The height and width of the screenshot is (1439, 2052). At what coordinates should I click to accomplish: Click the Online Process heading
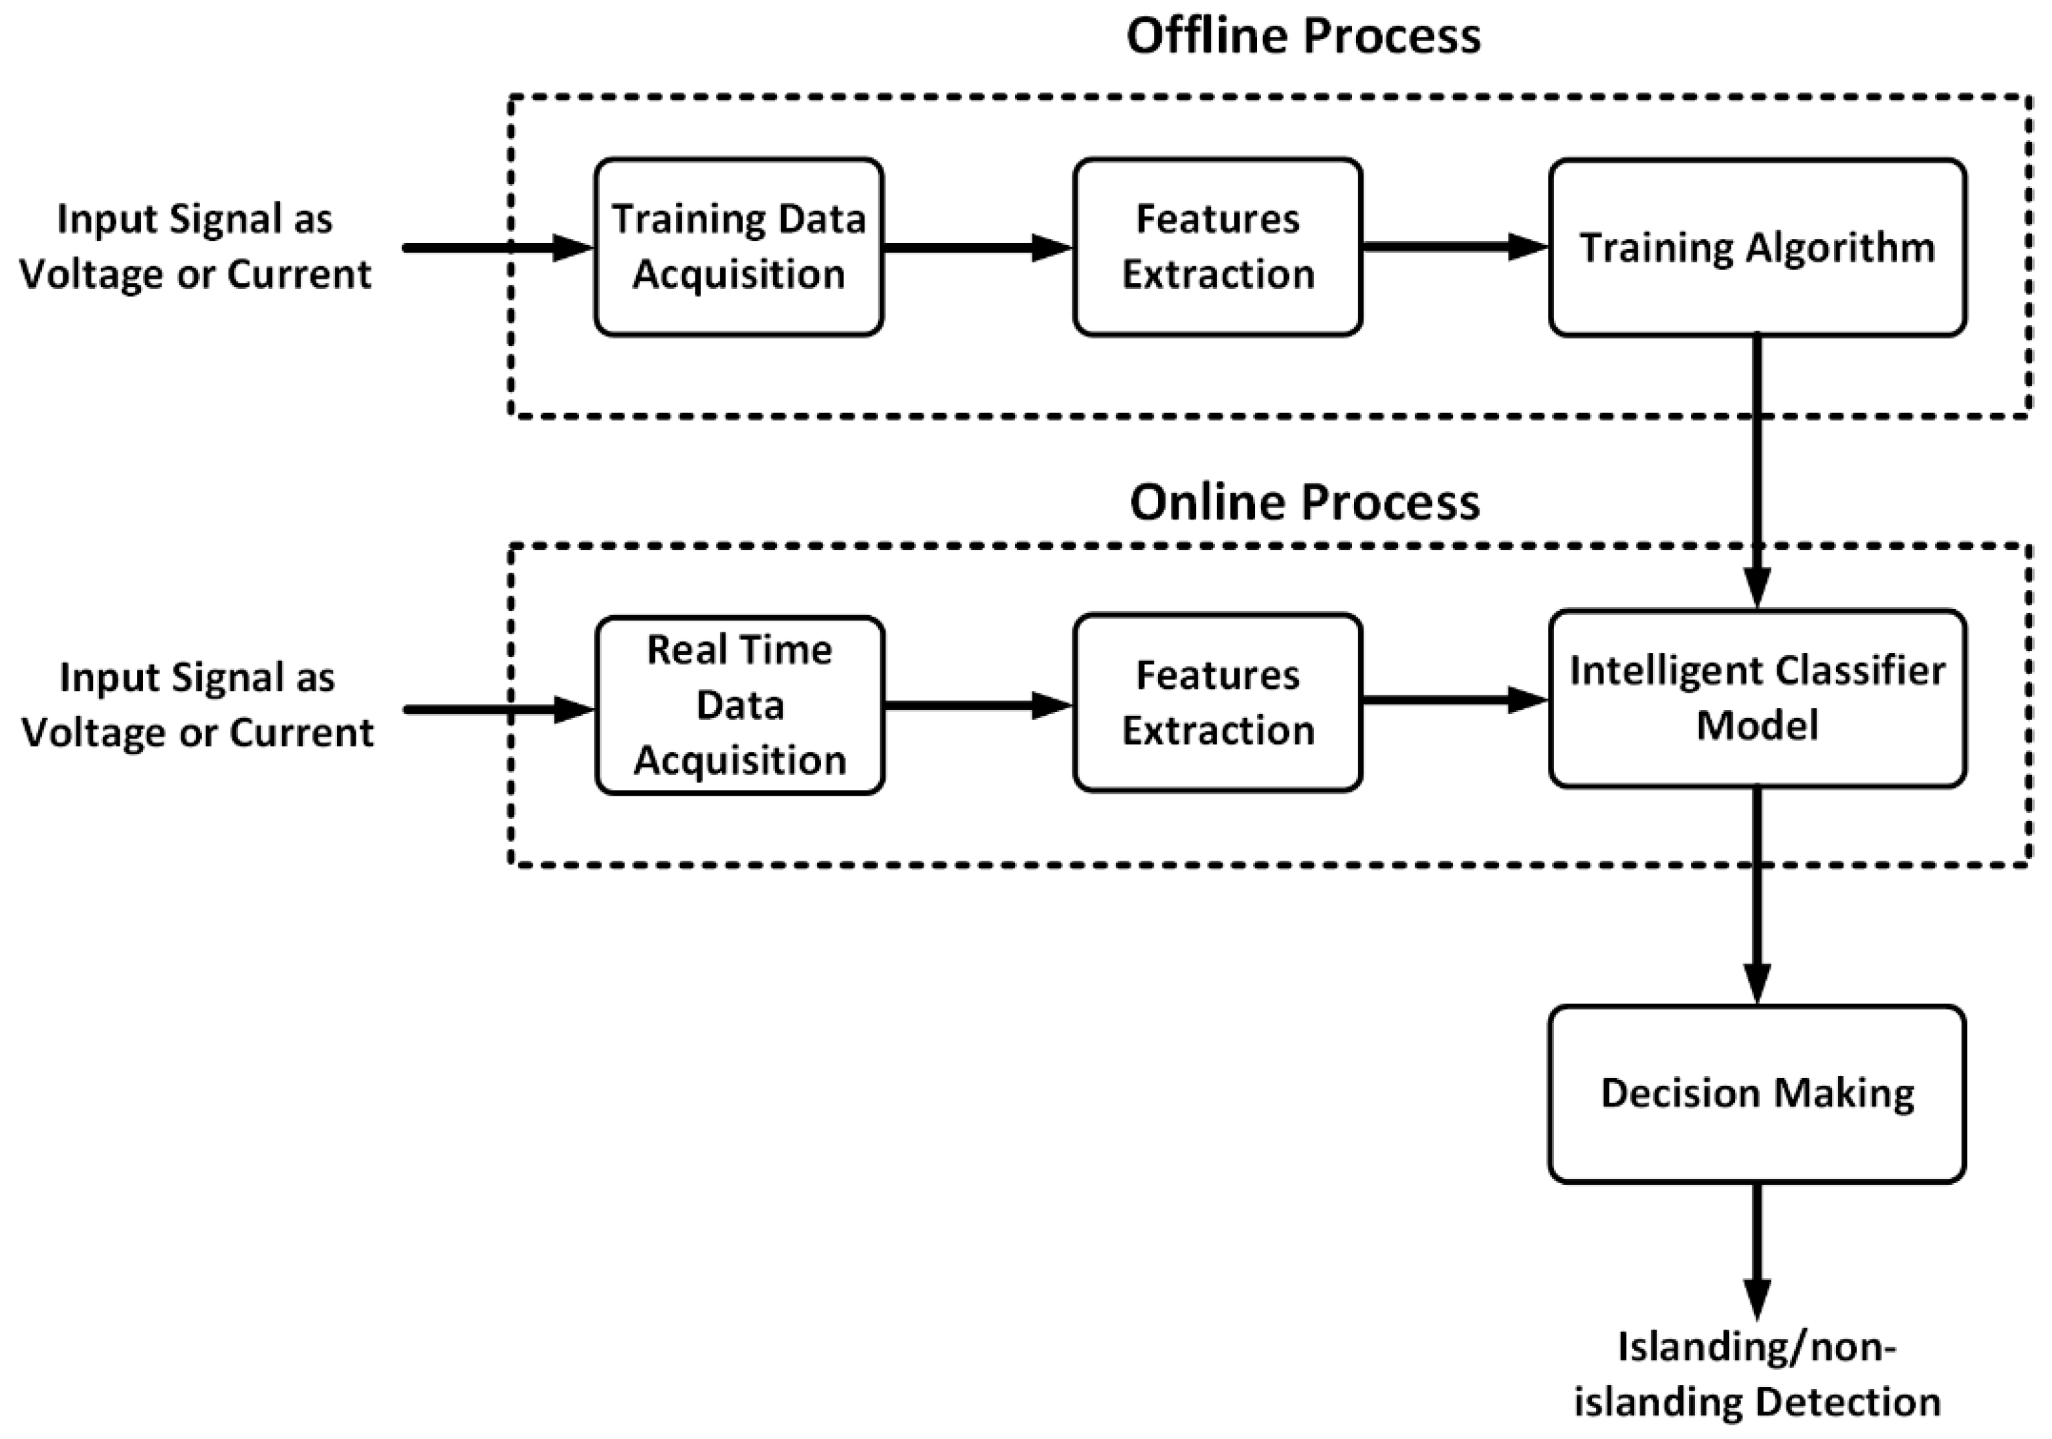(x=1305, y=503)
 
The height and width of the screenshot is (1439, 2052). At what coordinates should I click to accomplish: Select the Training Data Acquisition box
(x=738, y=246)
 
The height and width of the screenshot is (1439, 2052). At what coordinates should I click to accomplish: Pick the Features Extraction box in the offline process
(x=1217, y=246)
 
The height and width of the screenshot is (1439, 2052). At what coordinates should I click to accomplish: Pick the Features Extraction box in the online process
(x=1217, y=702)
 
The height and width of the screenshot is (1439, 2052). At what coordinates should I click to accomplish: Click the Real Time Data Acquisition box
(x=739, y=705)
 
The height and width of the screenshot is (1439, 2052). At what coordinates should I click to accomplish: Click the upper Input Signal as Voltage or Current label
(x=195, y=246)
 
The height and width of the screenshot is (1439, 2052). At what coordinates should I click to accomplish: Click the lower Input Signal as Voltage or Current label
(x=197, y=705)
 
